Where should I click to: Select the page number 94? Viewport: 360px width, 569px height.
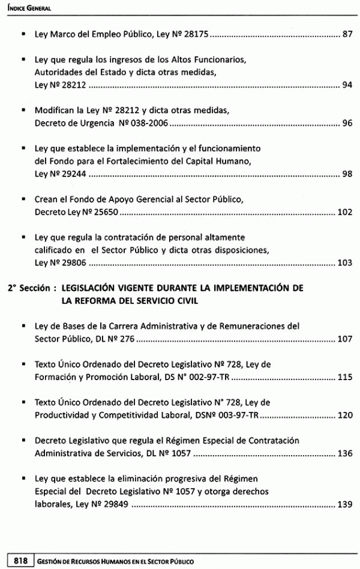pyautogui.click(x=347, y=85)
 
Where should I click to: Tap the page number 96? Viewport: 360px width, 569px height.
pyautogui.click(x=347, y=124)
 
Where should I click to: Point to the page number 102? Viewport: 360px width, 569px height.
pyautogui.click(x=344, y=213)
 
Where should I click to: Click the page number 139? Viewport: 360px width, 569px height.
pyautogui.click(x=344, y=504)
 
